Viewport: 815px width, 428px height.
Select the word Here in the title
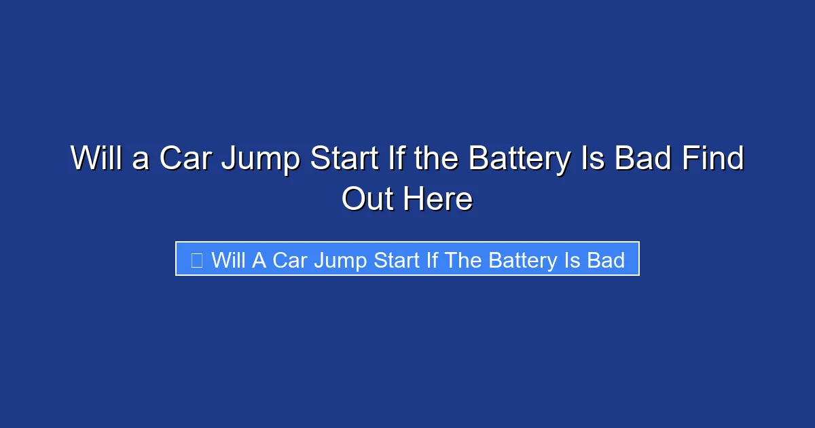pyautogui.click(x=438, y=200)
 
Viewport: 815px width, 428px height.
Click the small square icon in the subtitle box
pyautogui.click(x=196, y=260)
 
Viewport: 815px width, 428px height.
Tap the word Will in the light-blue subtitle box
pyautogui.click(x=229, y=260)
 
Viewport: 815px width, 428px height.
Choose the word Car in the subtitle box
pyautogui.click(x=291, y=260)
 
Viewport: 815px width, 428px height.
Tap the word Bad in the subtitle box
pyautogui.click(x=606, y=260)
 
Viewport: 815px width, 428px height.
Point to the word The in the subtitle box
pyautogui.click(x=464, y=260)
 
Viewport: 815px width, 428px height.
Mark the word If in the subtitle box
pyautogui.click(x=433, y=260)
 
